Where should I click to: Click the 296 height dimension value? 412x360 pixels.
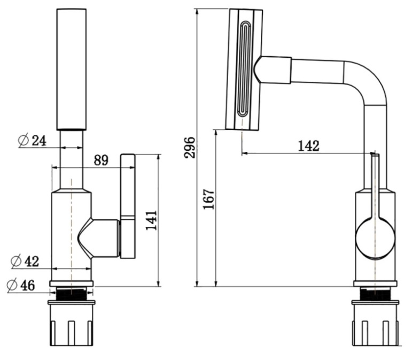point(190,148)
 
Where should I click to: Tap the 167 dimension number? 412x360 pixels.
point(208,199)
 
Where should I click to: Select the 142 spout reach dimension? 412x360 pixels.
point(309,146)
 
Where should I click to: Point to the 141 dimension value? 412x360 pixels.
point(151,220)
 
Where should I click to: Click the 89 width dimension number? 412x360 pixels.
point(101,160)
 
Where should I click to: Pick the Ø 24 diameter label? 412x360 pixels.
point(32,141)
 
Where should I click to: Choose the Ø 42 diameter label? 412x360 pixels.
point(25,261)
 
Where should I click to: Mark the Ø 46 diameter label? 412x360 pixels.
point(21,285)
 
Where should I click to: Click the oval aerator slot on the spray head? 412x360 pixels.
point(244,68)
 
